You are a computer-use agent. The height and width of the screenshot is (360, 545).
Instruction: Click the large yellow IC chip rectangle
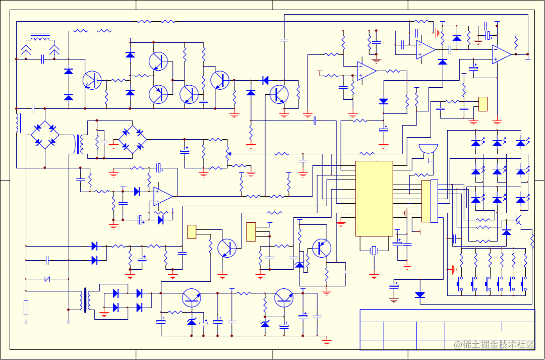tap(374, 198)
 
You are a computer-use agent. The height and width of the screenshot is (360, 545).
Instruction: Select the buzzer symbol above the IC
tap(428, 150)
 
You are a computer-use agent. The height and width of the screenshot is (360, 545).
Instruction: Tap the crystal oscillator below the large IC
tap(374, 251)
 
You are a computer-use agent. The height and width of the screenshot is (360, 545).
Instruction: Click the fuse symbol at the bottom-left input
tap(26, 307)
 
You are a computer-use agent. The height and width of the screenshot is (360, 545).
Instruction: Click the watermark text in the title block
tap(494, 344)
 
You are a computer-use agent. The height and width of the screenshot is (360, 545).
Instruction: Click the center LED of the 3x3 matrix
tap(498, 172)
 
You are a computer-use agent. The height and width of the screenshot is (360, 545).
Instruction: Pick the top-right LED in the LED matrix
tap(521, 143)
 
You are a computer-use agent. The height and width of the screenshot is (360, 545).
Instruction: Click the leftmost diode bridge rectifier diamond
tap(45, 135)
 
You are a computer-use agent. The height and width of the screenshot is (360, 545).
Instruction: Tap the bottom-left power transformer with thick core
tap(85, 299)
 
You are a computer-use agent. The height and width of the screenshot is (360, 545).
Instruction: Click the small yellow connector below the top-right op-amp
tap(483, 104)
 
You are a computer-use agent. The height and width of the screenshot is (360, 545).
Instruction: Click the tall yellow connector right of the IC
tap(427, 201)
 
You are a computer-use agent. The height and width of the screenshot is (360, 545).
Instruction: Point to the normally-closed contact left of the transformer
tap(48, 278)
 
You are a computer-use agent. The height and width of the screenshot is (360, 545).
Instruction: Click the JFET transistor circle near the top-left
tap(92, 80)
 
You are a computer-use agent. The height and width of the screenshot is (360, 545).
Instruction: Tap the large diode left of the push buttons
tap(420, 295)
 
